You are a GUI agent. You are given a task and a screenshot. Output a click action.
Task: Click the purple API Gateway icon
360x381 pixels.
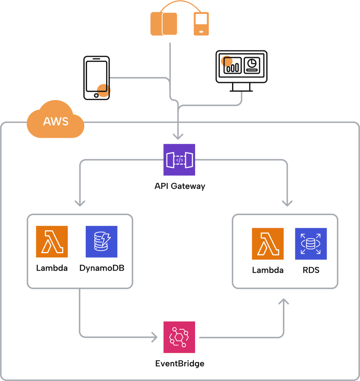click(179, 160)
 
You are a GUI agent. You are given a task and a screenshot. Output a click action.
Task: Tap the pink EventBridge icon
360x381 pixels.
click(179, 337)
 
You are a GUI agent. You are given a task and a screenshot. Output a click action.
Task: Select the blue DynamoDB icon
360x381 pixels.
click(102, 242)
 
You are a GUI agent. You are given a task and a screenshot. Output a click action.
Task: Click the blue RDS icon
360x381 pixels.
click(311, 244)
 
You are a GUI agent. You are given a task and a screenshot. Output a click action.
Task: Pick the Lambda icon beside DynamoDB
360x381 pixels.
click(52, 242)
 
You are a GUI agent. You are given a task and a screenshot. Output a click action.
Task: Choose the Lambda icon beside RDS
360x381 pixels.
click(268, 244)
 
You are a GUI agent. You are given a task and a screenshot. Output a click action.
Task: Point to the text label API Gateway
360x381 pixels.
click(180, 186)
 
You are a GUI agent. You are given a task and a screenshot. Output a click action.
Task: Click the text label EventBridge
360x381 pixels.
click(180, 363)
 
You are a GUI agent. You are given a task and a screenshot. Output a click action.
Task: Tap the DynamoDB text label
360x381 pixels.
click(102, 268)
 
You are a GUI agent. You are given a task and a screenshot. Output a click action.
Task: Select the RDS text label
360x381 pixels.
click(311, 270)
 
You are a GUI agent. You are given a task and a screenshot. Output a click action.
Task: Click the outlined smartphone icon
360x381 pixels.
click(96, 77)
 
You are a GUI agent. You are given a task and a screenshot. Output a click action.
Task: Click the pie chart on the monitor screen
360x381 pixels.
click(252, 63)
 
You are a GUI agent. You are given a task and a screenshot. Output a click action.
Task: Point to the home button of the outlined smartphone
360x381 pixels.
click(96, 95)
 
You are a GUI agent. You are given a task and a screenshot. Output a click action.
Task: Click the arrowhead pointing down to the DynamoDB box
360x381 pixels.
click(80, 203)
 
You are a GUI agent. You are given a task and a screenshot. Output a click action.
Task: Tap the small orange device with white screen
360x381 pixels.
click(201, 24)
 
